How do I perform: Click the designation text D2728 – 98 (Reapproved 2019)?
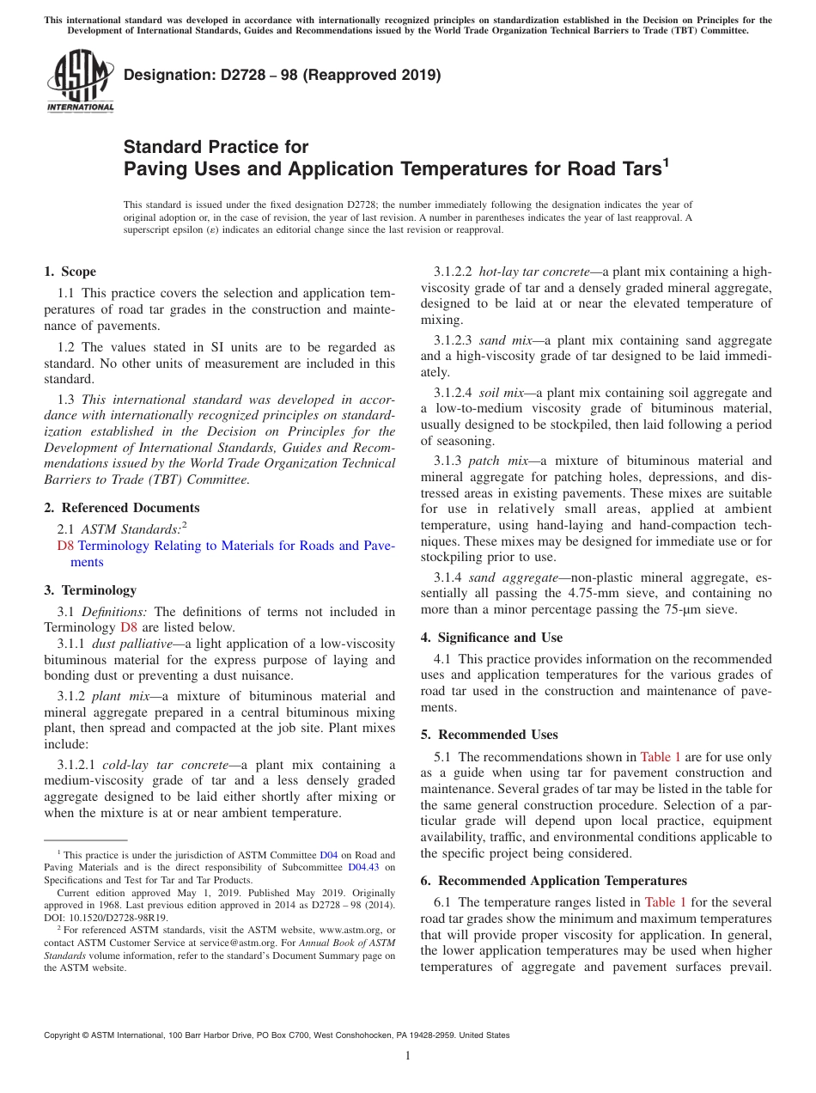[x=282, y=75]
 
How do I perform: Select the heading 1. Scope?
[x=70, y=272]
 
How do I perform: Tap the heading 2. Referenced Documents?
[x=122, y=508]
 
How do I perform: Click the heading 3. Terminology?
[x=90, y=590]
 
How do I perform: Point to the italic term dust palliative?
[x=130, y=644]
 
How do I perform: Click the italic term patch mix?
[x=498, y=461]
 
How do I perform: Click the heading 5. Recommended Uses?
[x=489, y=735]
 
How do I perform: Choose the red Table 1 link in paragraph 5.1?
[x=661, y=757]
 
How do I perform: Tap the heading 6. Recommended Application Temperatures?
[x=553, y=881]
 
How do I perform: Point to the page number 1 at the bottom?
[x=408, y=1055]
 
